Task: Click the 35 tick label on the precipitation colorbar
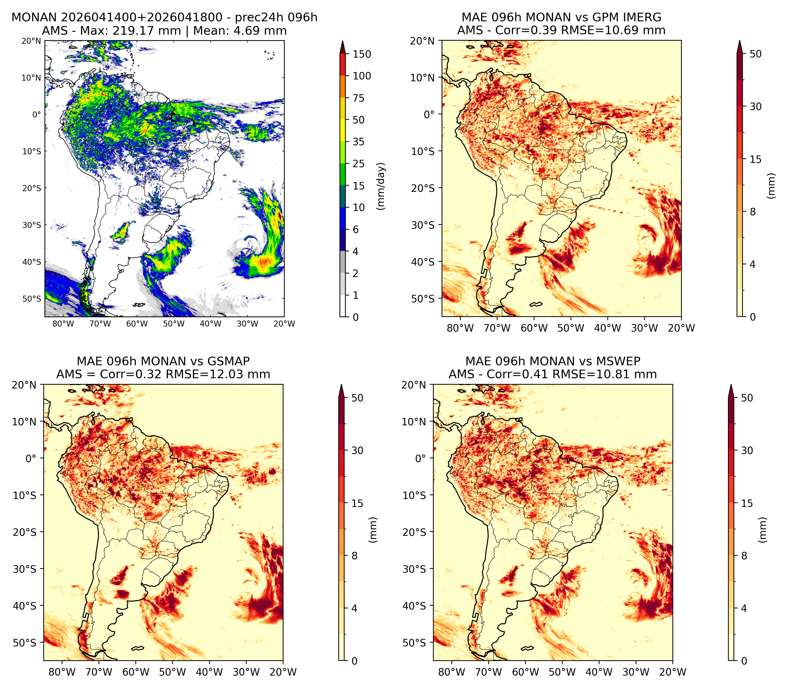coord(359,142)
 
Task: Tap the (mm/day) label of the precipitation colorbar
coord(381,186)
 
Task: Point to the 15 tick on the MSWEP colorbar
coord(747,503)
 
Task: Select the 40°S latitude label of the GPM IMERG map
coord(423,262)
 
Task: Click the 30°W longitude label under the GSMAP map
coord(246,672)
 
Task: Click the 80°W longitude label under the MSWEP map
coord(452,672)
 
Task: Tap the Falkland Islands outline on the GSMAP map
coord(138,649)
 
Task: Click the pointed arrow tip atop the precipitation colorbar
coord(343,41)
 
